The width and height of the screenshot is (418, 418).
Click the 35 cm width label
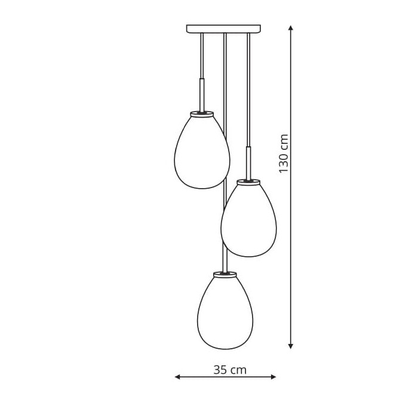click(x=229, y=370)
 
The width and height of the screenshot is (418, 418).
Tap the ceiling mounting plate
click(x=224, y=29)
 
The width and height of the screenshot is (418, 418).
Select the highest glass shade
click(x=202, y=151)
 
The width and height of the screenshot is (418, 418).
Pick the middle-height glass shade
click(x=248, y=219)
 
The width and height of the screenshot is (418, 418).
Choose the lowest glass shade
click(x=225, y=312)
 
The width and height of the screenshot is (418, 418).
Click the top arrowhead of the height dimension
click(x=291, y=27)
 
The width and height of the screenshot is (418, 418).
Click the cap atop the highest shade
click(x=202, y=112)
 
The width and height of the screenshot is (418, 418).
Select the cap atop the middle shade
click(x=248, y=180)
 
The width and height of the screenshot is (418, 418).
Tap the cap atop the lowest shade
click(x=225, y=273)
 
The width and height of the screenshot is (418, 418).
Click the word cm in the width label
click(x=238, y=370)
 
